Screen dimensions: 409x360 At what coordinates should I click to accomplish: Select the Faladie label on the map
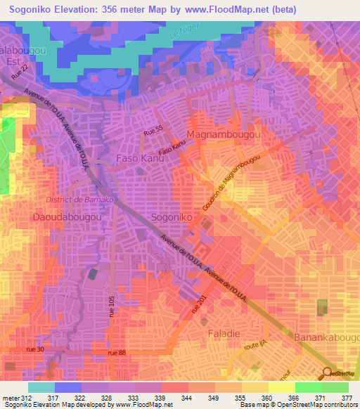[x=224, y=331]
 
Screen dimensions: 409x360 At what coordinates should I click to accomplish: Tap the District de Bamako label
[x=75, y=200]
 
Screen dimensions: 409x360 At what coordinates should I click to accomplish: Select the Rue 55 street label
[x=153, y=129]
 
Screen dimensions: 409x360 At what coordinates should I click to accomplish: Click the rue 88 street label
[x=117, y=353]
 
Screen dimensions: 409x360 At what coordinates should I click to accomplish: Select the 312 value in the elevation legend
[x=27, y=398]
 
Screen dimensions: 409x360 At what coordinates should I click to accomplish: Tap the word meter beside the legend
[x=10, y=398]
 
